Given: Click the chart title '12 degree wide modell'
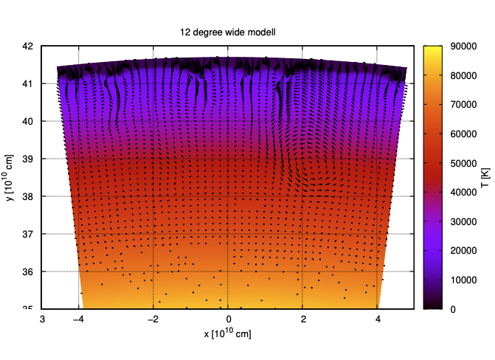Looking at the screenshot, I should tap(228, 32).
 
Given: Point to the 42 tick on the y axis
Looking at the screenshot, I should tap(27, 46).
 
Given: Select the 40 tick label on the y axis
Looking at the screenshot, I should tap(27, 121).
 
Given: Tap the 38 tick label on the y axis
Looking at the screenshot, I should tap(27, 196).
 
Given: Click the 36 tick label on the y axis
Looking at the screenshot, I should tap(27, 271).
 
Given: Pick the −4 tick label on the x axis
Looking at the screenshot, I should tap(78, 319).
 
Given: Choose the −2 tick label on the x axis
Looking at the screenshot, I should tap(153, 319).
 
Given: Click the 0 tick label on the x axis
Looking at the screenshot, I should tap(229, 319).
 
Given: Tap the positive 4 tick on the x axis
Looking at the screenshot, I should tap(378, 319).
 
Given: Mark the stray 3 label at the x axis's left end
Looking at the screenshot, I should tap(42, 319).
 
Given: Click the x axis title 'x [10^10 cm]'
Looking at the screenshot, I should tap(228, 334).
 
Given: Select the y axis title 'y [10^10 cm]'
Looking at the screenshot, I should tap(10, 177).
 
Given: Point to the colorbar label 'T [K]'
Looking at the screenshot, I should tap(483, 177).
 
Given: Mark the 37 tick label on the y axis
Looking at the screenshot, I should tap(27, 234).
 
